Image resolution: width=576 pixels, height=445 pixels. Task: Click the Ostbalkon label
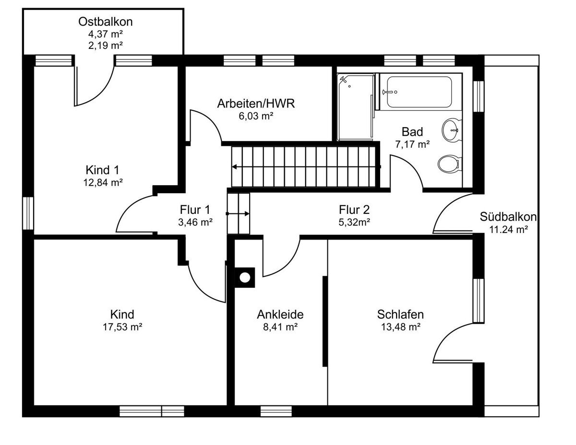tap(105, 22)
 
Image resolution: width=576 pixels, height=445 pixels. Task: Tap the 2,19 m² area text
tap(105, 46)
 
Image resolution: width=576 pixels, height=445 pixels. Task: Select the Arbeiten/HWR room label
tap(256, 104)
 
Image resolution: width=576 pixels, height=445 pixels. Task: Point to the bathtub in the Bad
tap(419, 92)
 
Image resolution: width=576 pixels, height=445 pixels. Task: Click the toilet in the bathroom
tap(449, 164)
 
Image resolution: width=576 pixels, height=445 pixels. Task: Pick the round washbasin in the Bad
tap(451, 130)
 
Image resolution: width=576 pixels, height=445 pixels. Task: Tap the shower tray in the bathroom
tap(356, 107)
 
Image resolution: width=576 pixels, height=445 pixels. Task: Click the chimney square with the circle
tap(245, 278)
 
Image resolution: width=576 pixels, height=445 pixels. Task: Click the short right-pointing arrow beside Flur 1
tap(238, 213)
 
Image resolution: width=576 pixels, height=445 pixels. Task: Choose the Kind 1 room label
tap(102, 170)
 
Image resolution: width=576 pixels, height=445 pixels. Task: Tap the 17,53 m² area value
tap(122, 327)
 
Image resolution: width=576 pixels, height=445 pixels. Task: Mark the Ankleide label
tap(280, 315)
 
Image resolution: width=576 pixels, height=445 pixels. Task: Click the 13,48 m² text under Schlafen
tap(400, 327)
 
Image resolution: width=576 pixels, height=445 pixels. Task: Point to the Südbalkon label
tap(508, 217)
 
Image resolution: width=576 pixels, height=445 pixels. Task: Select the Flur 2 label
tap(354, 210)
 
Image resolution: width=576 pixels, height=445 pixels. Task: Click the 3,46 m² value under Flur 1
tap(195, 222)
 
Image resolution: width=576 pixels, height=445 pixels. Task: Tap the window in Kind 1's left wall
tap(28, 213)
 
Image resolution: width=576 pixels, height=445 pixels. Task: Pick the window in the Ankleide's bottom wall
tap(276, 411)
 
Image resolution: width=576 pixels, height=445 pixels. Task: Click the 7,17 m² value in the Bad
tap(412, 144)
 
